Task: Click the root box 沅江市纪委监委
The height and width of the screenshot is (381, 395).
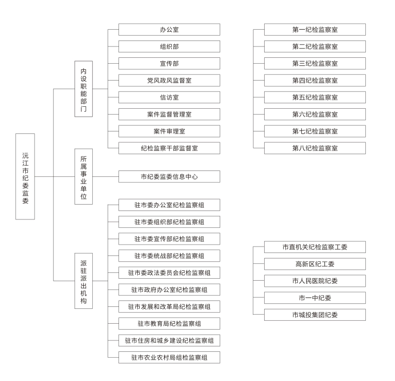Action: (x=25, y=176)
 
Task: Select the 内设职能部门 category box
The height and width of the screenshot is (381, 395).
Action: (x=83, y=89)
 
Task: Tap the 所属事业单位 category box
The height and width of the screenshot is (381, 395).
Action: (x=83, y=176)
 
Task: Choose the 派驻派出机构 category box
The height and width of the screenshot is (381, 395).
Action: (x=83, y=281)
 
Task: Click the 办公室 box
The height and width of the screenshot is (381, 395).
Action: (x=169, y=30)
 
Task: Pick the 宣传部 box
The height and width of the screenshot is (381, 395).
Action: (x=169, y=63)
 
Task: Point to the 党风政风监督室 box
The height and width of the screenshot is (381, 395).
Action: (x=169, y=81)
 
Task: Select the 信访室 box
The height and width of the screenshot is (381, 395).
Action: (x=169, y=97)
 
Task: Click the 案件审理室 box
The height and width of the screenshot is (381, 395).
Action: (x=169, y=131)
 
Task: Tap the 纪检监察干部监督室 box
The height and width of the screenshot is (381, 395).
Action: (x=169, y=148)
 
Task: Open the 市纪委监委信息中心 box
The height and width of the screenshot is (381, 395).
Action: (x=169, y=176)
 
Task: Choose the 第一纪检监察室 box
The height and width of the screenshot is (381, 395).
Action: (x=315, y=30)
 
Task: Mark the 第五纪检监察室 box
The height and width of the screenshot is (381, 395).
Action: (x=315, y=97)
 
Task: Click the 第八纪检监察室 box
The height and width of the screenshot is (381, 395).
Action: (x=315, y=148)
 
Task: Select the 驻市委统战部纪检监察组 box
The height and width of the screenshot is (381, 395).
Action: (x=169, y=255)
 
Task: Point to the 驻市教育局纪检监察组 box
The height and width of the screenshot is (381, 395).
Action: (x=169, y=324)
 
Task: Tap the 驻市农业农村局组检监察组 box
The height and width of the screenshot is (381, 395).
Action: (x=169, y=357)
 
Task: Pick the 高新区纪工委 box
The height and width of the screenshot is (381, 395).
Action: (x=315, y=264)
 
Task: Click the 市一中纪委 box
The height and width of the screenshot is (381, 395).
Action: (x=315, y=298)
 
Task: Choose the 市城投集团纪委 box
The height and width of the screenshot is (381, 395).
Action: (x=315, y=315)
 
